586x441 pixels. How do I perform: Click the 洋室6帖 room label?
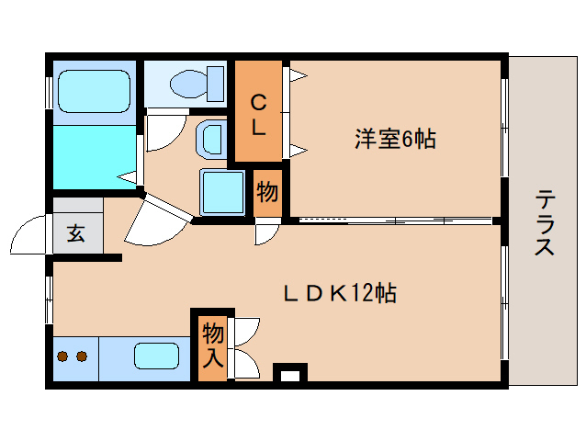click(395, 140)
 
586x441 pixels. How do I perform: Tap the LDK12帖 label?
click(339, 294)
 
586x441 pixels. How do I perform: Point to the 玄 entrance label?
click(76, 233)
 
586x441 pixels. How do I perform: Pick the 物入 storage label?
click(212, 344)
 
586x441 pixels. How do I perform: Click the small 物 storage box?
click(267, 193)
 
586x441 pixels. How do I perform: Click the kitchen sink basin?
click(159, 356)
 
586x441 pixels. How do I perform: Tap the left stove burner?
click(63, 356)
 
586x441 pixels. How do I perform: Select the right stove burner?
click(81, 356)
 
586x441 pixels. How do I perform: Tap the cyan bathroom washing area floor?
click(92, 155)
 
